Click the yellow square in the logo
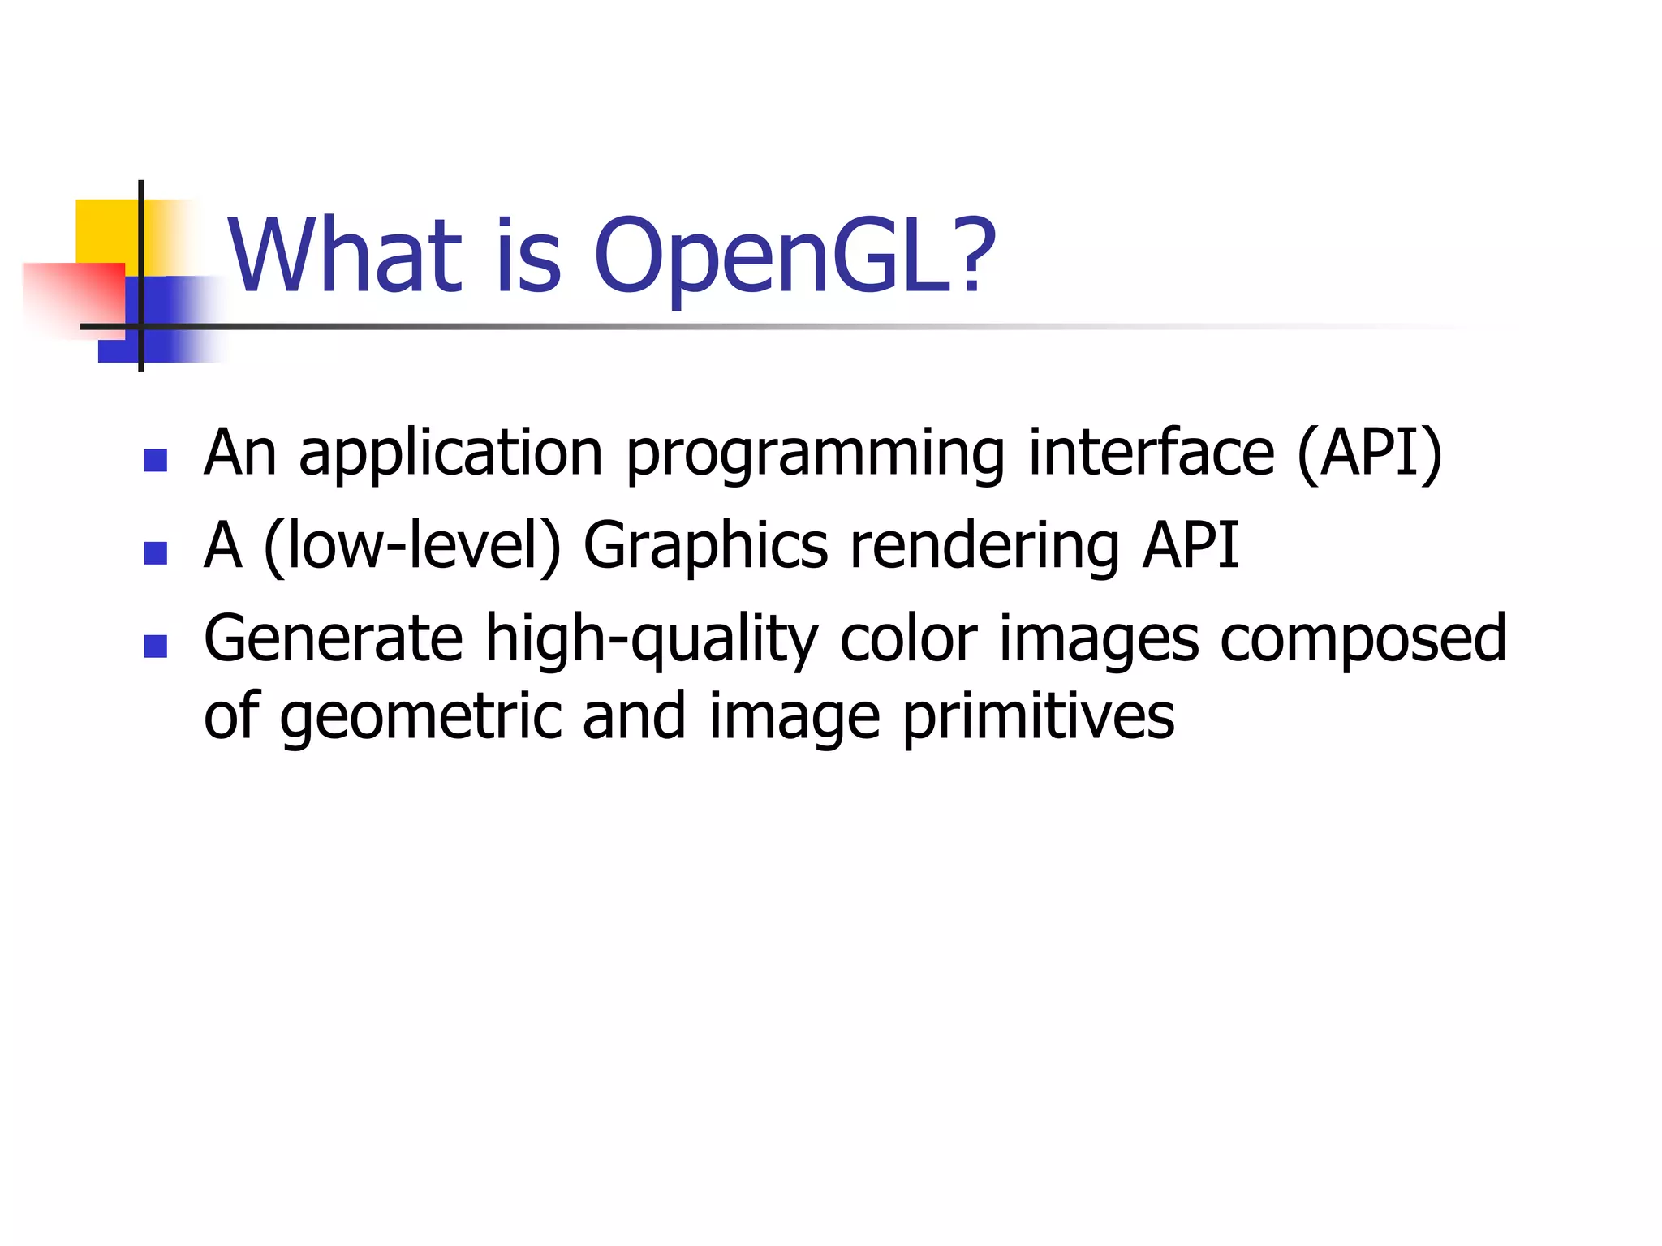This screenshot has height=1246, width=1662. pos(105,230)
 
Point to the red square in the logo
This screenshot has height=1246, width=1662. pos(73,296)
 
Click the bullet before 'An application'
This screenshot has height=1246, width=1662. pos(155,461)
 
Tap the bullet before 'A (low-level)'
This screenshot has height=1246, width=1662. pos(155,553)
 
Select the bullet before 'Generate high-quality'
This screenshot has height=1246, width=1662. pos(155,646)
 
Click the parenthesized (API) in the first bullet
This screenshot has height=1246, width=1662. pos(1370,454)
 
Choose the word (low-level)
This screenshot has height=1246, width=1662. pos(412,547)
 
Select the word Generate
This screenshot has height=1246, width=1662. pos(333,639)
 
